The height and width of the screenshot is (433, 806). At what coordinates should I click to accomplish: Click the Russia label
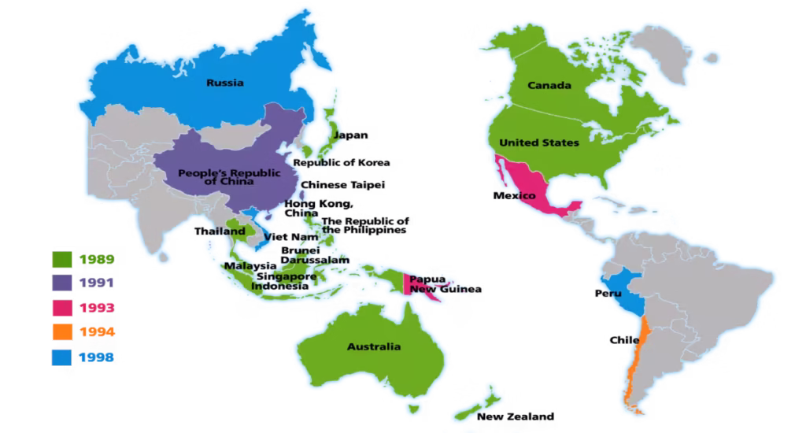(224, 83)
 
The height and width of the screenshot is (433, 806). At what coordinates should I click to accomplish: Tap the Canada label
(549, 85)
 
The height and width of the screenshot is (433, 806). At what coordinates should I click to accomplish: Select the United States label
(539, 142)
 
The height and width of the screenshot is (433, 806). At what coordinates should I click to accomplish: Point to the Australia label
(374, 346)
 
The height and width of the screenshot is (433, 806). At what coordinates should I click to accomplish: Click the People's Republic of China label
(216, 177)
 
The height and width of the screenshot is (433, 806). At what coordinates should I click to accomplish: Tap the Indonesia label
(279, 287)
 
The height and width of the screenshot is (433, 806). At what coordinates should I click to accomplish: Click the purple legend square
(62, 282)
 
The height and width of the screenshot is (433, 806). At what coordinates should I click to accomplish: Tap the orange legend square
(62, 331)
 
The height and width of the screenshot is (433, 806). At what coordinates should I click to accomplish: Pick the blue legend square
(62, 357)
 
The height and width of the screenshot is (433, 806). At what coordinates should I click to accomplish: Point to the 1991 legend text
(97, 282)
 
